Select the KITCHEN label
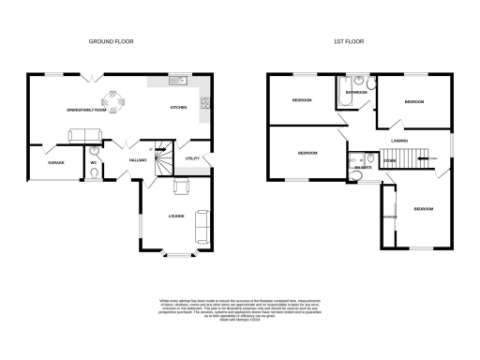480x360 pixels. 178,108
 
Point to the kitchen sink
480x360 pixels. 176,82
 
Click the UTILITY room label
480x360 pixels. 194,159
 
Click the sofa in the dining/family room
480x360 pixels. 82,137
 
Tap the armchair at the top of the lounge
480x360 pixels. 181,187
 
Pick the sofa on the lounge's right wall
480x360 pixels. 202,225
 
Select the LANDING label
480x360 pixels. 399,142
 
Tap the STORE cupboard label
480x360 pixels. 389,161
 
